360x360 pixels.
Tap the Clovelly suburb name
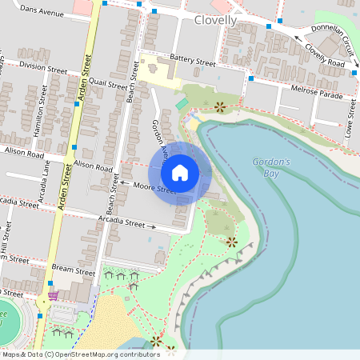pyautogui.click(x=214, y=20)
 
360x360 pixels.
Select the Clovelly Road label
pyautogui.click(x=324, y=55)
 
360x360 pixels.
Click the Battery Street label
pyautogui.click(x=193, y=61)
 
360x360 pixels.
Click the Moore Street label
pyautogui.click(x=154, y=189)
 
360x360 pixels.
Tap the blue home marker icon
pyautogui.click(x=180, y=173)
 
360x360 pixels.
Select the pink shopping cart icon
pyautogui.click(x=53, y=295)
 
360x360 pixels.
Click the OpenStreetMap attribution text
pyautogui.click(x=80, y=354)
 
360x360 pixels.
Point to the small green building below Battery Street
pyautogui.click(x=182, y=103)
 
